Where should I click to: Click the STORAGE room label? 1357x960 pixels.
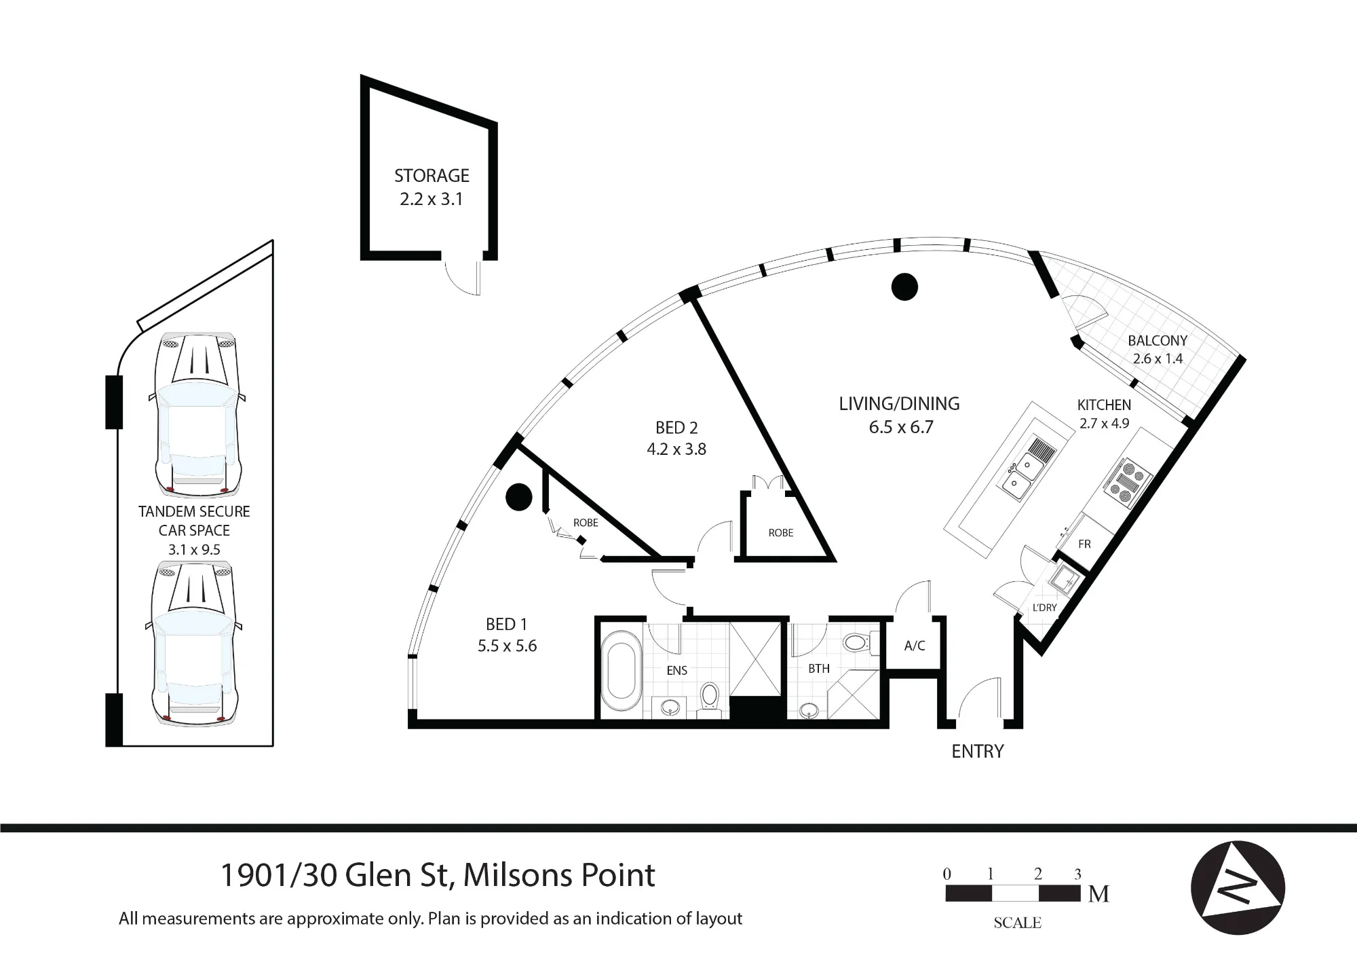pos(432,176)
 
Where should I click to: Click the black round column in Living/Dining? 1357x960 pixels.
pos(904,287)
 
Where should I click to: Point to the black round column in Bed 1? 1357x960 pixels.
pos(518,496)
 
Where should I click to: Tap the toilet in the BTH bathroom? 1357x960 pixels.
pos(860,642)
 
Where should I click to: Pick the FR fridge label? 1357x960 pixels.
pos(1084,544)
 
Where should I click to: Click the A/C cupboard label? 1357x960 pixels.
pos(914,646)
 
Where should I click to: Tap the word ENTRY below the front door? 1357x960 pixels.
pos(978,752)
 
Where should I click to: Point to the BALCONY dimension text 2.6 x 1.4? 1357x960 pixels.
pos(1158,358)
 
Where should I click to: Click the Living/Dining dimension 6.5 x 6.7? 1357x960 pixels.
pos(900,427)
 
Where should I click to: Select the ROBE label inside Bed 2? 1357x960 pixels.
pos(781,533)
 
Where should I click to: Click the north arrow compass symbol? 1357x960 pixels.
pos(1238,888)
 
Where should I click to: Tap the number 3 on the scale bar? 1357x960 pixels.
pos(1077,874)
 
